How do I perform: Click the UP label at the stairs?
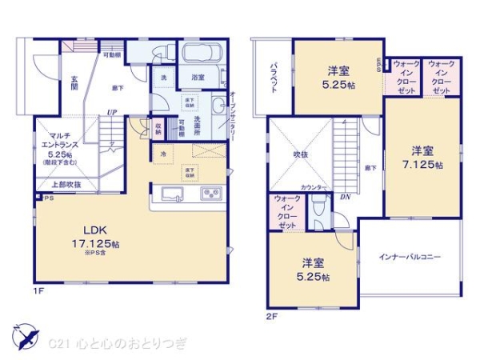tap(114, 112)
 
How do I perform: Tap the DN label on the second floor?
tap(345, 197)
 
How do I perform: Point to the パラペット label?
tap(274, 78)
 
